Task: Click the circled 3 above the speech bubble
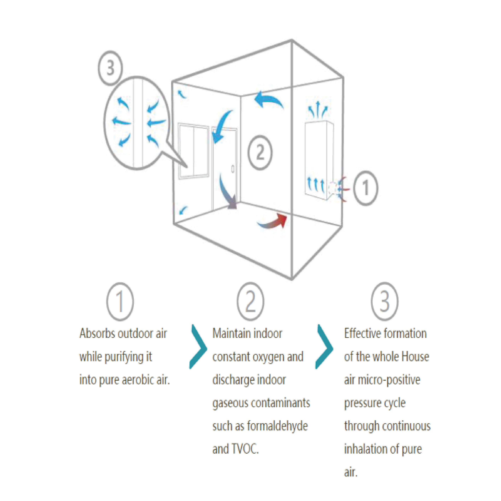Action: (110, 68)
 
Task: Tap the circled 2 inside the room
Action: (260, 153)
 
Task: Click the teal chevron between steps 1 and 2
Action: (198, 347)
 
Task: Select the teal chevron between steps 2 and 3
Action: (324, 347)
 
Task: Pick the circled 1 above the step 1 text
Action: (120, 302)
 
